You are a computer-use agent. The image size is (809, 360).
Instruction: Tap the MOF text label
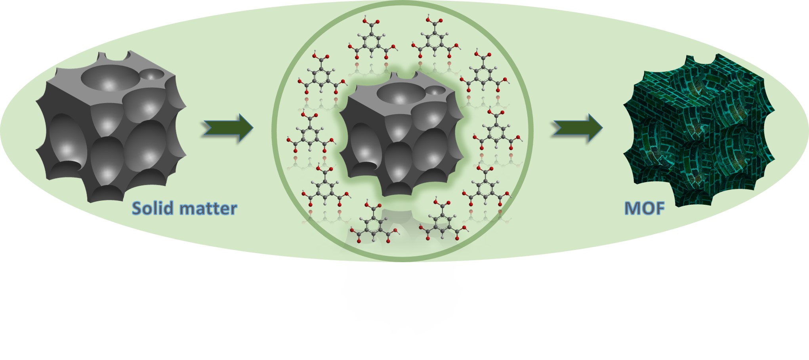644,209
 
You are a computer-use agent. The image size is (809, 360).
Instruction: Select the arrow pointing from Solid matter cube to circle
228,128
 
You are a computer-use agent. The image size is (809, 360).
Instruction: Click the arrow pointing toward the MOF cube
578,128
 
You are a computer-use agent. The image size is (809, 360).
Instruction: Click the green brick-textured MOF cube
698,131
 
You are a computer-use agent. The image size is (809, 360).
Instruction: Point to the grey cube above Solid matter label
111,127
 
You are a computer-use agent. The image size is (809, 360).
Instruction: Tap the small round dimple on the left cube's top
153,74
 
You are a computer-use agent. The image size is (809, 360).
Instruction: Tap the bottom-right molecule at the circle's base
443,224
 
